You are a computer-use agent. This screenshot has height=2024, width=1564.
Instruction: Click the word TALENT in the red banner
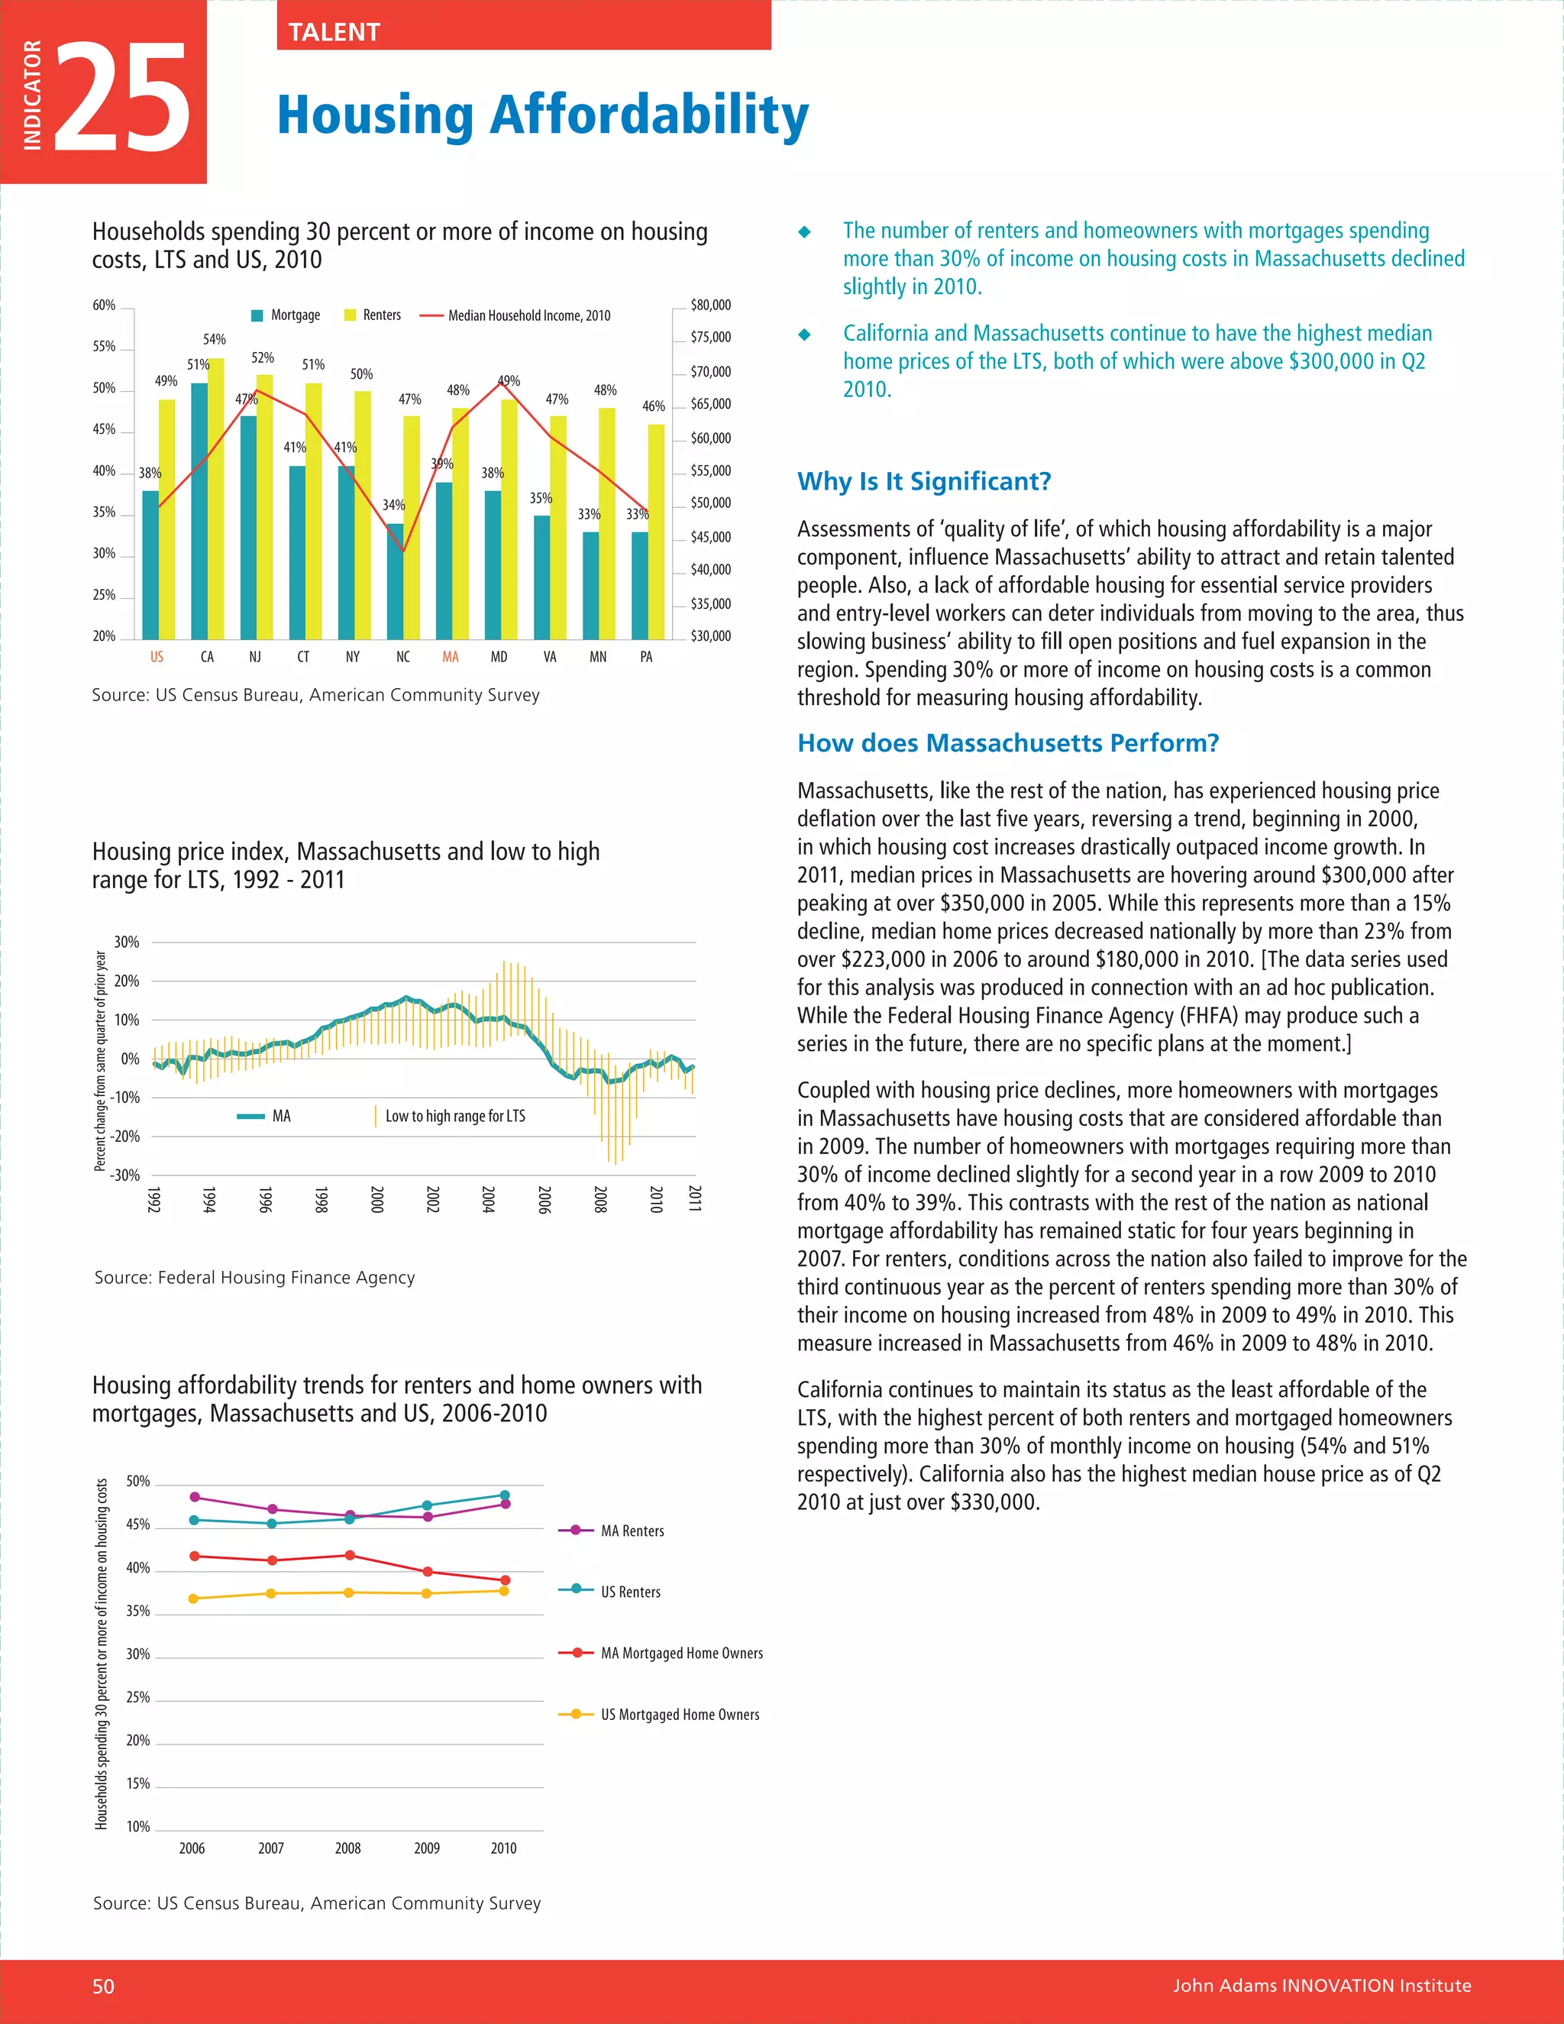334,32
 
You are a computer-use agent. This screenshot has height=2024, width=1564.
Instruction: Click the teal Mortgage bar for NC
395,581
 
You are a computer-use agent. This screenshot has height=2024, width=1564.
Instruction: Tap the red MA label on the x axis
451,657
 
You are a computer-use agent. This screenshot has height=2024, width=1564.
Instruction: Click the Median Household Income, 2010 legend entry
528,316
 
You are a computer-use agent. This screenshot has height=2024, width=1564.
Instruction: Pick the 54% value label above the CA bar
214,340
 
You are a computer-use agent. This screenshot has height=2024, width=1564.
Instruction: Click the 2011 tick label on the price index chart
695,1198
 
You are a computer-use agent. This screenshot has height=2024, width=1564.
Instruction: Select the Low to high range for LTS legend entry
454,1116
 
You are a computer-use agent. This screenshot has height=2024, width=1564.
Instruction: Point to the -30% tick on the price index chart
125,1175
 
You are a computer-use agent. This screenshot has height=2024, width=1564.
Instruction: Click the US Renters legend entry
630,1592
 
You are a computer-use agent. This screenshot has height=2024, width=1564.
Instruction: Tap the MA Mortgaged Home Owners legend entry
681,1654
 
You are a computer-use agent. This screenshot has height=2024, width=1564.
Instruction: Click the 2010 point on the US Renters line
504,1495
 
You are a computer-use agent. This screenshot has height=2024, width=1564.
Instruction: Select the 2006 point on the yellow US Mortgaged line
194,1599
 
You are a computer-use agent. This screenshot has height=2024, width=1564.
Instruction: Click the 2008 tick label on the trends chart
347,1848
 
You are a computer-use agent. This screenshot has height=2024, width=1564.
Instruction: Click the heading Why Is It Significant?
924,482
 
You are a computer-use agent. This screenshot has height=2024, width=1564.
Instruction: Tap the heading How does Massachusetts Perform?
1008,743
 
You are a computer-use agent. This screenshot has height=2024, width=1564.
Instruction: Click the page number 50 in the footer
103,1986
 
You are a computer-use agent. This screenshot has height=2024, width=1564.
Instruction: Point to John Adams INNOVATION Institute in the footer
1321,1986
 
